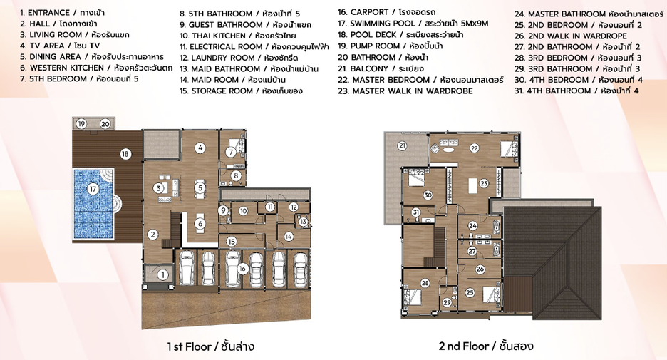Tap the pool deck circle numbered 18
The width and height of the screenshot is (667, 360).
pyautogui.click(x=125, y=153)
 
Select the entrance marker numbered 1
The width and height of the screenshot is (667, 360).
pyautogui.click(x=162, y=275)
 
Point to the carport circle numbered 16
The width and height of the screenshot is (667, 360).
pyautogui.click(x=242, y=269)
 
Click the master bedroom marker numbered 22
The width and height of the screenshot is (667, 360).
pyautogui.click(x=475, y=148)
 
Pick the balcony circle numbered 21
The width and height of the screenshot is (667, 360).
pyautogui.click(x=402, y=146)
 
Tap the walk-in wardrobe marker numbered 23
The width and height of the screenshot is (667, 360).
pyautogui.click(x=484, y=183)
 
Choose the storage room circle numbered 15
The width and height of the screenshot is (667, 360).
pyautogui.click(x=231, y=242)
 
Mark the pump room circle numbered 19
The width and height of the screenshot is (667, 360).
pyautogui.click(x=81, y=124)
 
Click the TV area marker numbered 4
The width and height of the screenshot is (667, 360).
pyautogui.click(x=200, y=148)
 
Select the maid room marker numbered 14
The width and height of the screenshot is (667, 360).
pyautogui.click(x=289, y=237)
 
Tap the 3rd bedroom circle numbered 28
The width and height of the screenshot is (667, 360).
pyautogui.click(x=425, y=283)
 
